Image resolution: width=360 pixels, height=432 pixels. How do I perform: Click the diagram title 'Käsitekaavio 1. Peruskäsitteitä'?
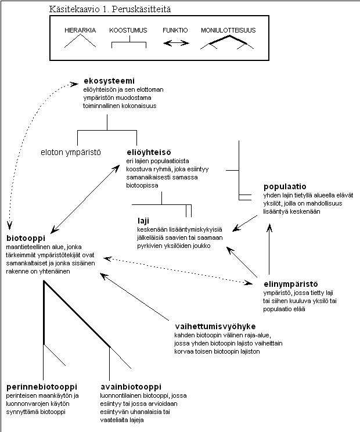[110, 9]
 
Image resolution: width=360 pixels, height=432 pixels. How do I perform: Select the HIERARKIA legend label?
[80, 30]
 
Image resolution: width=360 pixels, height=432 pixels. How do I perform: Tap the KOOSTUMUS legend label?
[128, 30]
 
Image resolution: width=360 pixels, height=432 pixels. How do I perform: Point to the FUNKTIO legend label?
[175, 30]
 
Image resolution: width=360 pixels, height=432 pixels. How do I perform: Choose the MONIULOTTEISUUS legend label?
[228, 30]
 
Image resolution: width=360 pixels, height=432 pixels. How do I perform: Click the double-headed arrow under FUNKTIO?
[176, 43]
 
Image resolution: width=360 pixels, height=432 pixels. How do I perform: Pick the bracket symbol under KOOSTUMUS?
[129, 42]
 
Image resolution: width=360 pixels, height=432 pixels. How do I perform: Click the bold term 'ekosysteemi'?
[109, 81]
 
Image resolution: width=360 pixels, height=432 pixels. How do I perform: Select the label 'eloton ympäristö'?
[71, 152]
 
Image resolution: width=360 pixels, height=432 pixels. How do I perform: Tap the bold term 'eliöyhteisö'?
[149, 152]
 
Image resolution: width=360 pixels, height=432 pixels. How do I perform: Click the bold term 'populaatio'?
[285, 186]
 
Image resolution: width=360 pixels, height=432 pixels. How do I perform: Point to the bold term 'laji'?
[143, 221]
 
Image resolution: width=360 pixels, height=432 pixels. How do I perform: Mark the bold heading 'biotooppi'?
[26, 238]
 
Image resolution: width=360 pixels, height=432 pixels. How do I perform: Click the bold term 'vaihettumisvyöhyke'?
[215, 326]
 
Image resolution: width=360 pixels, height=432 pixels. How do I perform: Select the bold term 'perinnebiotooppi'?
[42, 387]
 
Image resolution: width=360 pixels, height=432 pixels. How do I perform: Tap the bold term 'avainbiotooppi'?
[131, 387]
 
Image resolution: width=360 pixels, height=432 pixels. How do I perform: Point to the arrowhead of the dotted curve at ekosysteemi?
[75, 84]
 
